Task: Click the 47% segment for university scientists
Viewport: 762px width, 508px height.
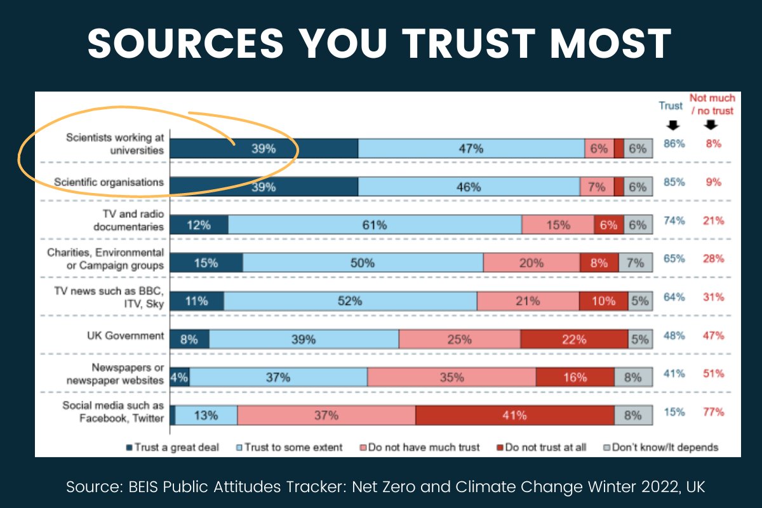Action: (471, 149)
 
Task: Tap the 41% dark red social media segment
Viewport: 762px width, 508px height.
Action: (514, 416)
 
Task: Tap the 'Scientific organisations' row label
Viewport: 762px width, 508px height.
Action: (109, 182)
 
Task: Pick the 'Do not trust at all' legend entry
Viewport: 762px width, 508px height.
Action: (544, 447)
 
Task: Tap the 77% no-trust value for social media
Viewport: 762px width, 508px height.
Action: (713, 412)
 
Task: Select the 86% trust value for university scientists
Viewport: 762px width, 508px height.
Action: (674, 144)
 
